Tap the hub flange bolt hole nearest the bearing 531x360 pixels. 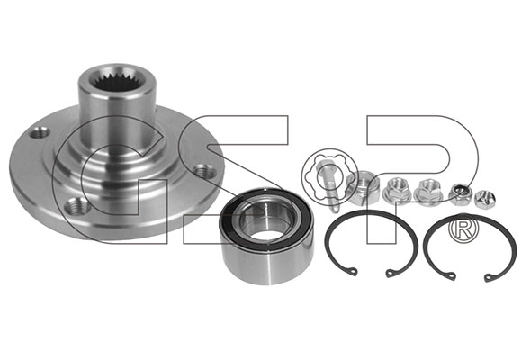(x=204, y=171)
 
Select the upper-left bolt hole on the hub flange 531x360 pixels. (x=40, y=132)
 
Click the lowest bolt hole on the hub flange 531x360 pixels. (x=77, y=206)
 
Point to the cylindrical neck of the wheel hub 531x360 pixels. (x=118, y=112)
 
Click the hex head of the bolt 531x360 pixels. (x=323, y=166)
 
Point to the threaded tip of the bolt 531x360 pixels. (x=334, y=207)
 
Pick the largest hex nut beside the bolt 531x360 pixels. (x=363, y=187)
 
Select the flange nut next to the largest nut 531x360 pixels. (x=396, y=192)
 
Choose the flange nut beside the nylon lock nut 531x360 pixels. (x=428, y=192)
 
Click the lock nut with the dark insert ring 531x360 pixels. (x=460, y=194)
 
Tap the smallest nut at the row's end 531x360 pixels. (x=485, y=200)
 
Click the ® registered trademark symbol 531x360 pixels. (x=464, y=231)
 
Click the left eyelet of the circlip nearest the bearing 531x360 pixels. (x=353, y=271)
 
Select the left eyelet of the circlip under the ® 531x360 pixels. (x=452, y=275)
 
